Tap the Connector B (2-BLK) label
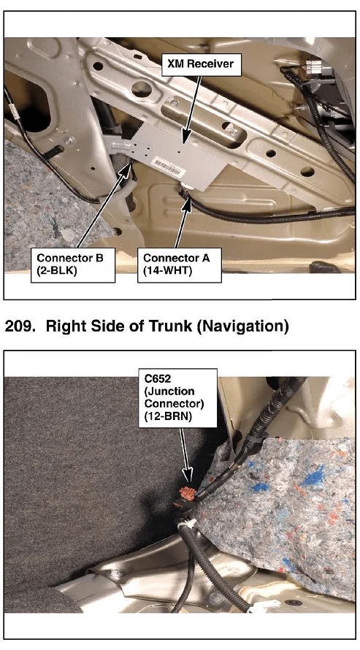click(x=72, y=265)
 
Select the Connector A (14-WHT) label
click(x=180, y=265)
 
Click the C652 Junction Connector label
click(x=177, y=398)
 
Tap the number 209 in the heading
click(x=20, y=326)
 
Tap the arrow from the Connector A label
click(x=183, y=222)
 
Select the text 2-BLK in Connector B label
click(x=57, y=272)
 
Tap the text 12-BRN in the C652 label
click(x=168, y=416)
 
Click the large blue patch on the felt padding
click(x=315, y=478)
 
